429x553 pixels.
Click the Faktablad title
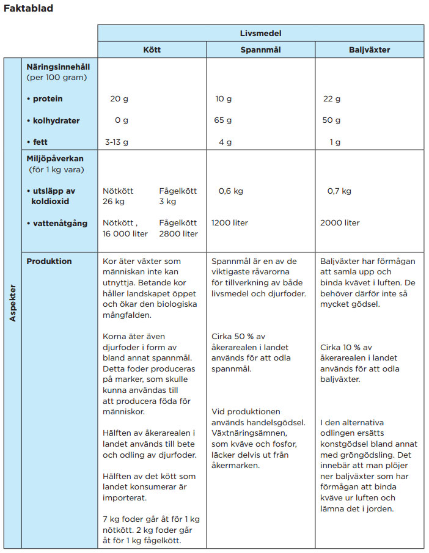point(29,9)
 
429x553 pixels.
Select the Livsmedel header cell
point(260,33)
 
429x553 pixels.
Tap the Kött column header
point(152,49)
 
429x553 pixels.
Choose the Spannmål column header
point(260,49)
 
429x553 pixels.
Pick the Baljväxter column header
point(369,49)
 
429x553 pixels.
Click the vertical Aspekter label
point(12,302)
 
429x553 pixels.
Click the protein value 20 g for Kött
point(119,99)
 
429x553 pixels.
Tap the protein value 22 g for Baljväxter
point(332,99)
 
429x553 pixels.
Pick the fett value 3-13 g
point(116,142)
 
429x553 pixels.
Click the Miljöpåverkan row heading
point(54,158)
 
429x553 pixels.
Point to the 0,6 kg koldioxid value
point(230,191)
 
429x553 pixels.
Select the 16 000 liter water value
point(125,233)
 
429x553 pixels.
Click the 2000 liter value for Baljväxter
point(340,223)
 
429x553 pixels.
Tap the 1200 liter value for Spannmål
point(230,223)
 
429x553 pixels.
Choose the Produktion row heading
point(49,261)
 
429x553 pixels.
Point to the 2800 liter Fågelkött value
point(178,233)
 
